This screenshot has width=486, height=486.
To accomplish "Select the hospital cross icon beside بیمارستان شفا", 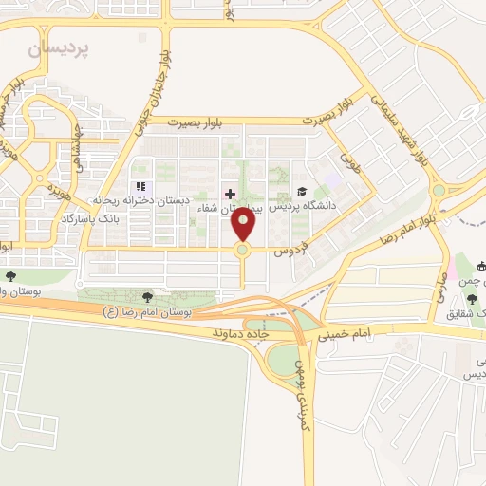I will click(230, 193).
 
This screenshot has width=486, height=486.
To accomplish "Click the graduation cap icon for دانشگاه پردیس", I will click(302, 193).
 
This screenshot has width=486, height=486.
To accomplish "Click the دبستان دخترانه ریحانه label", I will click(141, 201).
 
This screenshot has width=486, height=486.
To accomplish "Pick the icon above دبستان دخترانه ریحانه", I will click(141, 187).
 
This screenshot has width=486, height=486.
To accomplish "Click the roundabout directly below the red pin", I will click(243, 251).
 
